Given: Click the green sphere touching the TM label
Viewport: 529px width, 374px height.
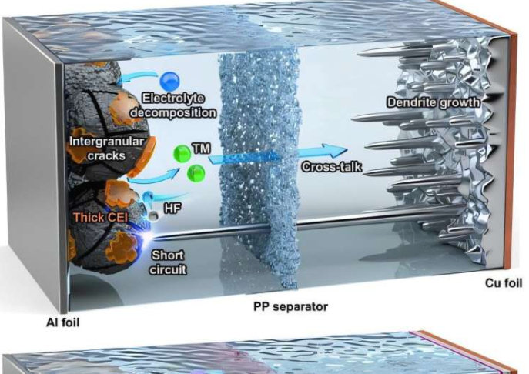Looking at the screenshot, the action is [182, 153].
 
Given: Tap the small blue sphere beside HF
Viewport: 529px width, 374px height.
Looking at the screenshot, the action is [147, 199].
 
